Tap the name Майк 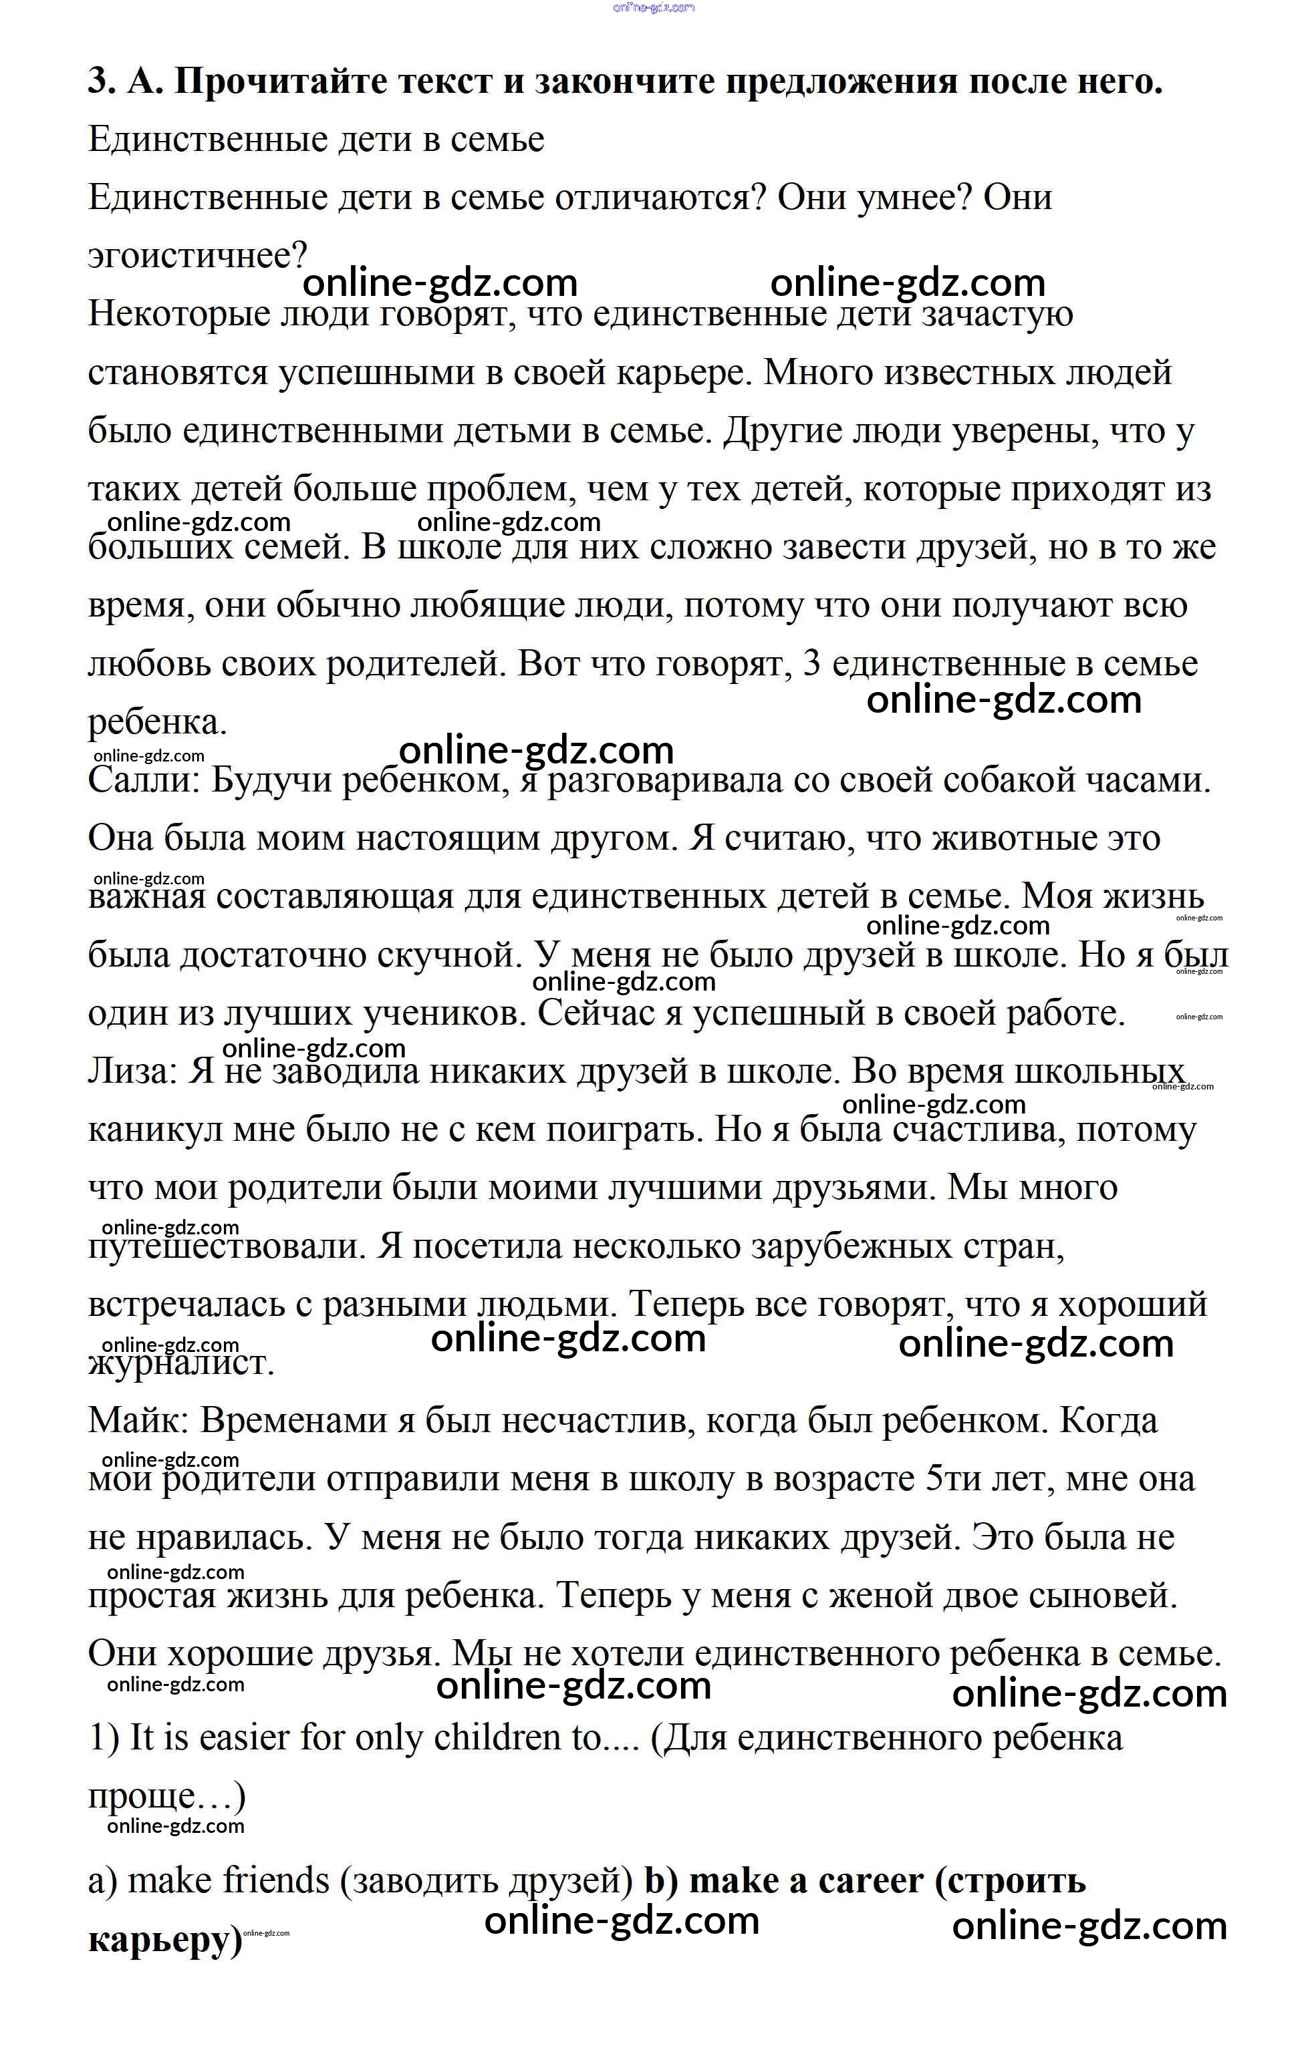pyautogui.click(x=138, y=1421)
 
